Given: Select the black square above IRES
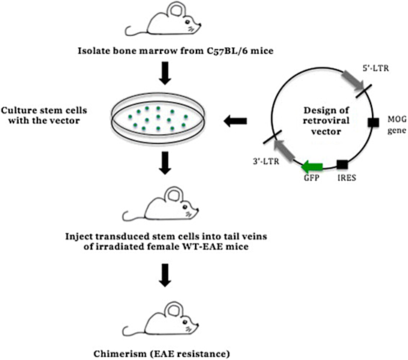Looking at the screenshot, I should [341, 163].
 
